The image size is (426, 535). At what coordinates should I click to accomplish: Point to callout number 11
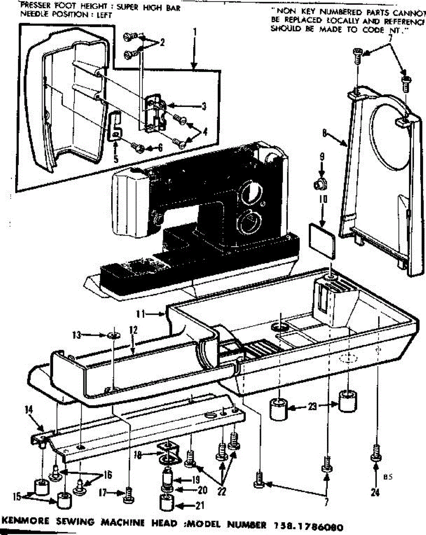tap(142, 314)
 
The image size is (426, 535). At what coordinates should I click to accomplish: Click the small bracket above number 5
tap(115, 126)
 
